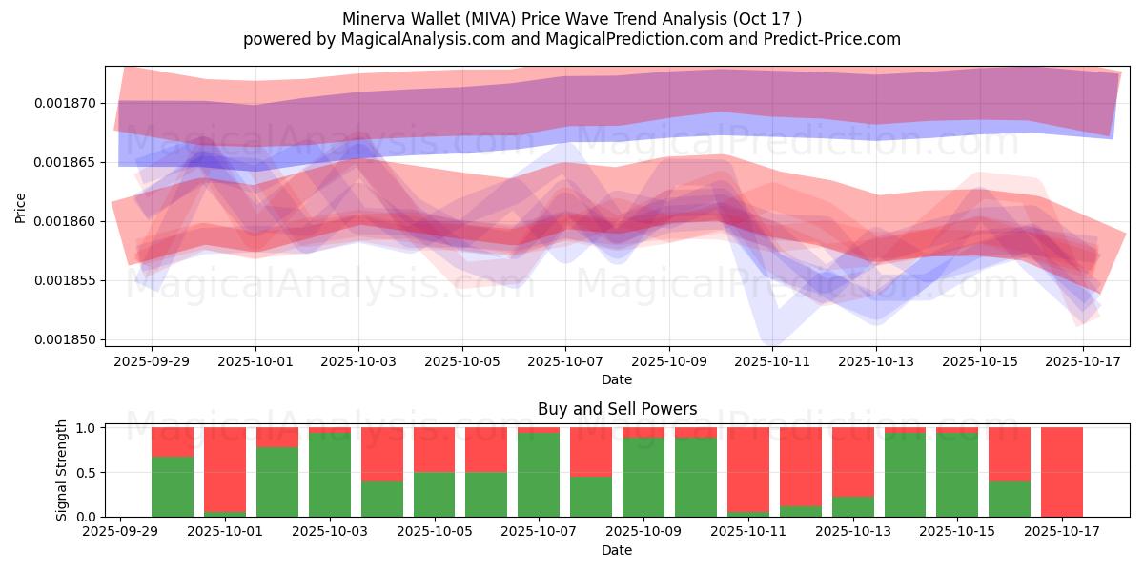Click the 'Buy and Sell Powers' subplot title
pos(617,409)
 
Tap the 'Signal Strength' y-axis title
pos(62,469)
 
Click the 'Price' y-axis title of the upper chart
pos(21,207)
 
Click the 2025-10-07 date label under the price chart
pos(565,362)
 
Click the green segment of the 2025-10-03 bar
pos(329,475)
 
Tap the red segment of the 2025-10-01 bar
pos(225,467)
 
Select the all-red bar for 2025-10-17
pos(1061,472)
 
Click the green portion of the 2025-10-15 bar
pos(957,475)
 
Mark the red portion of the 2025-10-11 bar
pos(748,467)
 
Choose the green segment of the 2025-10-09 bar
pos(643,477)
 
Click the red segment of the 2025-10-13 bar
pos(853,461)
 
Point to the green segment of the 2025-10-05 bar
pos(434,494)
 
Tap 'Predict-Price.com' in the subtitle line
pos(827,39)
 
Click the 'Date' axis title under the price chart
pos(617,379)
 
